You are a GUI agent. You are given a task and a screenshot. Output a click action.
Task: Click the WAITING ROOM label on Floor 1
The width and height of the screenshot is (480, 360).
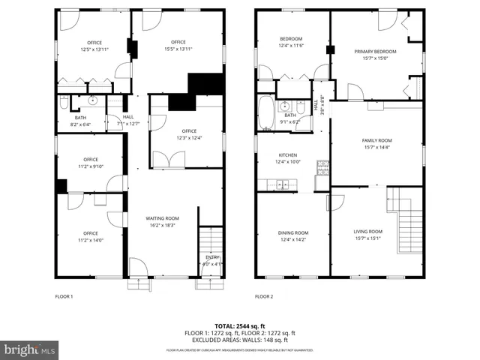click(162, 218)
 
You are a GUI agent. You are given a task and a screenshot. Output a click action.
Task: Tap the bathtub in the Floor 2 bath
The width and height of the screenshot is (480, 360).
click(266, 113)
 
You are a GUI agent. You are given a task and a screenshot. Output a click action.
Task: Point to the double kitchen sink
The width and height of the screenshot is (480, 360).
click(283, 182)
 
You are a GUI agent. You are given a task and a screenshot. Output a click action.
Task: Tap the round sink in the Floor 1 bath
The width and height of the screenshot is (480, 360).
click(93, 100)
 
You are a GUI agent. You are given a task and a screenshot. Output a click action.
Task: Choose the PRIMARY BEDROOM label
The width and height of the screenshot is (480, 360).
click(375, 52)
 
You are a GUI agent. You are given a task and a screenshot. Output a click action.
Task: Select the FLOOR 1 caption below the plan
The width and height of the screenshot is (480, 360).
click(64, 296)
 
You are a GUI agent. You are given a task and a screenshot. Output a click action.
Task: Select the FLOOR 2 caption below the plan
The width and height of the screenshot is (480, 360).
click(263, 296)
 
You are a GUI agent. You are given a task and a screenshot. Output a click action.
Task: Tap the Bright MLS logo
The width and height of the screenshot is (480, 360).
click(29, 349)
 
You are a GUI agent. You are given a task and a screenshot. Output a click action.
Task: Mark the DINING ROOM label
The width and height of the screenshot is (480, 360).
click(293, 232)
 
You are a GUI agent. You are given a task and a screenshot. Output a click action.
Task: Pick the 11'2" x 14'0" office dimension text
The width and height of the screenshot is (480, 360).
click(91, 240)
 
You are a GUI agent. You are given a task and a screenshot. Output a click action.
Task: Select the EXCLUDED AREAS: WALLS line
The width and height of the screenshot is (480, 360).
click(240, 339)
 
